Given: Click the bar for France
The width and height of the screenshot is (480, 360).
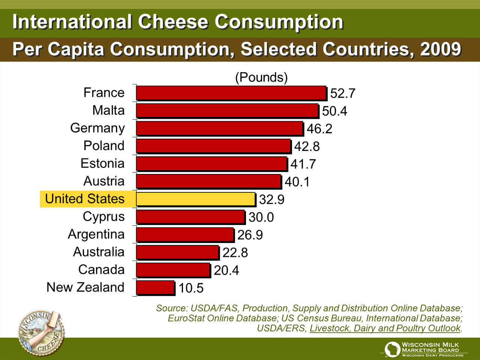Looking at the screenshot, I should (x=231, y=93).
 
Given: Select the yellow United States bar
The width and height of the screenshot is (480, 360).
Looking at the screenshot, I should (x=195, y=199).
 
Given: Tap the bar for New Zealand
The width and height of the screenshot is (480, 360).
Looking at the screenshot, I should (x=155, y=288).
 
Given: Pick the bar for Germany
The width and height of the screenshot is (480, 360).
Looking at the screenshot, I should (x=219, y=128).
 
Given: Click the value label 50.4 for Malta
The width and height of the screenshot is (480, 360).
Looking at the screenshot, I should (x=334, y=111).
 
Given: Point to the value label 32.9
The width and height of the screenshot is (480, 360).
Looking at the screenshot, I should (x=271, y=199).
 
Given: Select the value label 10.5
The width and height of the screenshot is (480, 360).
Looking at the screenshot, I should (x=191, y=288).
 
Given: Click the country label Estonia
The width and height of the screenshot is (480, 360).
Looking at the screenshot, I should (x=102, y=163).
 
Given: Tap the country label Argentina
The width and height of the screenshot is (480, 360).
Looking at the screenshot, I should (x=96, y=234).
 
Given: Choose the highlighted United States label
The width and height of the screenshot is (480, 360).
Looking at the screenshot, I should (x=85, y=199).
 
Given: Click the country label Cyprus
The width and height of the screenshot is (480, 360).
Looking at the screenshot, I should (x=103, y=217).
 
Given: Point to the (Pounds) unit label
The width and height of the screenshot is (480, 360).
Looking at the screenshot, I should (x=261, y=77).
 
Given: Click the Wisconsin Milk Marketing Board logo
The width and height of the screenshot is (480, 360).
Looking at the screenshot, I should (x=424, y=349).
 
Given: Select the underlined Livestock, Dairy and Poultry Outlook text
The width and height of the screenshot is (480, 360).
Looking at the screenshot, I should (x=385, y=328).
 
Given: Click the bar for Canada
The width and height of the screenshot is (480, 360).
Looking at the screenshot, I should (x=173, y=270).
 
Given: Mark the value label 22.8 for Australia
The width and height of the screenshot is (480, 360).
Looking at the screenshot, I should (x=235, y=253).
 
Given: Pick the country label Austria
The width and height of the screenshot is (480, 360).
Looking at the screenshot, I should (x=104, y=181).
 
